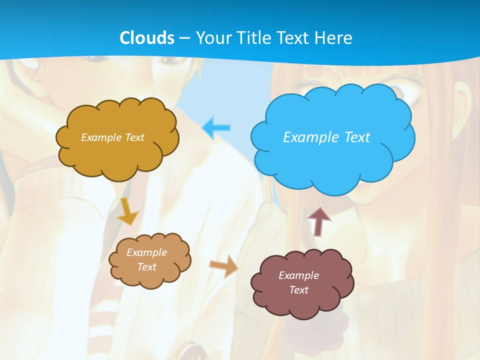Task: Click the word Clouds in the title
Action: (x=147, y=37)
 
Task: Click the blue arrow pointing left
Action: (x=216, y=128)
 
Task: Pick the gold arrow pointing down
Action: (x=127, y=211)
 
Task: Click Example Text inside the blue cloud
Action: (x=326, y=137)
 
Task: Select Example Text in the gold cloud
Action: (x=112, y=137)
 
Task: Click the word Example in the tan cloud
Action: (x=146, y=252)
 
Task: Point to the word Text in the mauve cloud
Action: (x=298, y=290)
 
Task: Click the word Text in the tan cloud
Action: (x=146, y=267)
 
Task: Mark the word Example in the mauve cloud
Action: (x=298, y=275)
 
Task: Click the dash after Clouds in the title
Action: (x=183, y=38)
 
